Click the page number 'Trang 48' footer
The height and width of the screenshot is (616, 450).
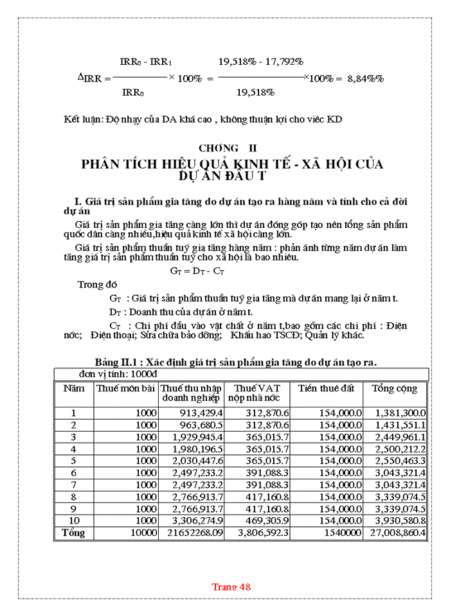tap(231, 586)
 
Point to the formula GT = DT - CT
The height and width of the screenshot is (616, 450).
tap(197, 271)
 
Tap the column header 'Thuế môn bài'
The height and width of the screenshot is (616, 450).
tap(125, 388)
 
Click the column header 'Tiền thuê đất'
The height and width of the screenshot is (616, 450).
tap(327, 388)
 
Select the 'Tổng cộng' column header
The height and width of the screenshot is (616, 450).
tap(394, 388)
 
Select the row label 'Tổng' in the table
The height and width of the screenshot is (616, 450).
tap(73, 533)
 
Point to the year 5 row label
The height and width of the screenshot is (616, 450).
tap(73, 461)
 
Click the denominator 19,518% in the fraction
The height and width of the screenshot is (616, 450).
tap(255, 92)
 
